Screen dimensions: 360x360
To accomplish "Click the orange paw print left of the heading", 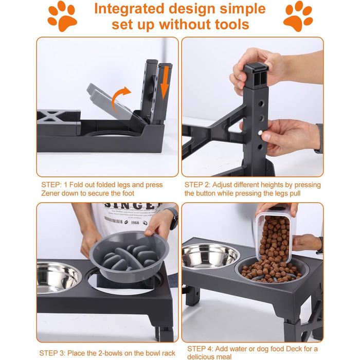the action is [62, 16].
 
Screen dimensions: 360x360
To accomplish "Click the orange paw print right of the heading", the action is [298, 16].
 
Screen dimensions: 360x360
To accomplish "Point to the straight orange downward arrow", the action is [165, 83].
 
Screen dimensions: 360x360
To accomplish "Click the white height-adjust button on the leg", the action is [260, 133].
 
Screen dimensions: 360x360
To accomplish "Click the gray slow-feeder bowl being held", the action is [129, 256].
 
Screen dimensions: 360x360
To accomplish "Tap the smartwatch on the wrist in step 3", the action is [174, 218].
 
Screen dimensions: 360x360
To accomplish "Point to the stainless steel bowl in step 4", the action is [209, 256].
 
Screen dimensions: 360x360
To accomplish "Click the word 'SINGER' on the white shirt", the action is [131, 206].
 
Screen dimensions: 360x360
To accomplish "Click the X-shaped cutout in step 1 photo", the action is [49, 116].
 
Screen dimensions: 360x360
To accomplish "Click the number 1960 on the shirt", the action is [135, 223].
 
